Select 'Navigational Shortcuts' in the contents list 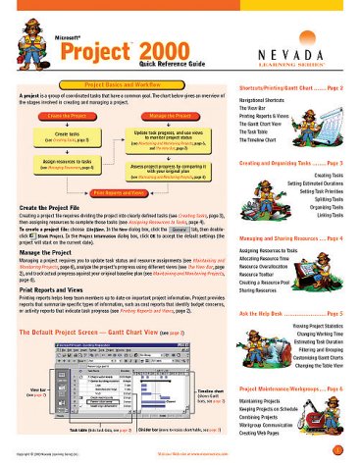point(269,101)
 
